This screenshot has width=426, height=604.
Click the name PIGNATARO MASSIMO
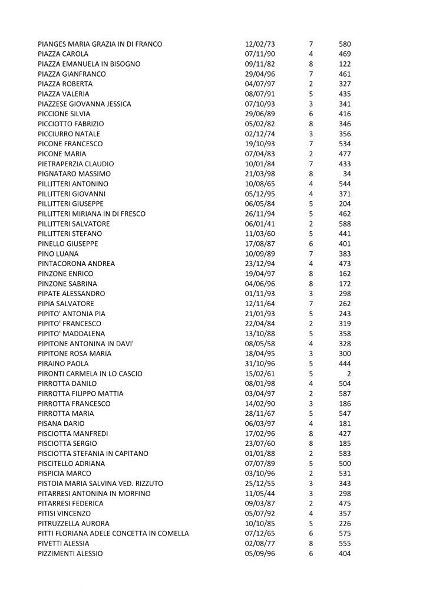pos(74,174)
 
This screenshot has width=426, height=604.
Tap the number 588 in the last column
pos(345,224)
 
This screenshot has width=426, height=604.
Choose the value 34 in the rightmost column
pos(347,174)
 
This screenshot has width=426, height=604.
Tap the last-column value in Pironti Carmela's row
pos(349,374)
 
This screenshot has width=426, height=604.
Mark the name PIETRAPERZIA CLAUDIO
pos(76,164)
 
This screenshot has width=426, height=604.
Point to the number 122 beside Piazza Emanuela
pos(345,64)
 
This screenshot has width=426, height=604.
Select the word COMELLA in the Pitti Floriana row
pos(173,534)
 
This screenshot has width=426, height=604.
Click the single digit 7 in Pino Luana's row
pos(311,254)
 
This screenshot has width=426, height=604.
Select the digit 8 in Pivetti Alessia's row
pos(311,544)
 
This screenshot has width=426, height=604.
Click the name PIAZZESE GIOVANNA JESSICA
pos(84,104)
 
